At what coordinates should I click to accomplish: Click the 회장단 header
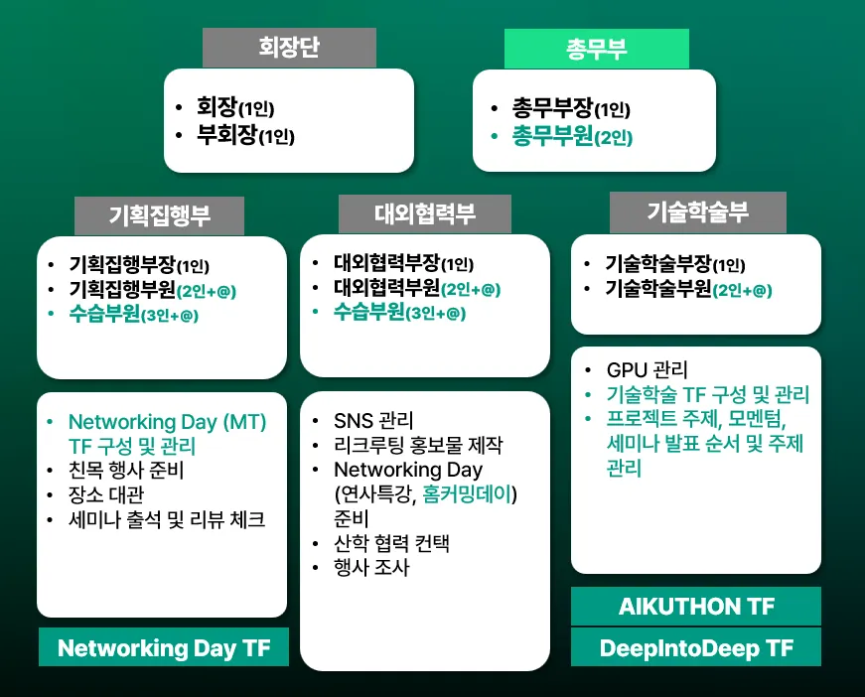pyautogui.click(x=289, y=48)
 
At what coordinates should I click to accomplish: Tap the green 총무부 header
pyautogui.click(x=596, y=49)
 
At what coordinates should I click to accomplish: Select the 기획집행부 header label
pyautogui.click(x=160, y=215)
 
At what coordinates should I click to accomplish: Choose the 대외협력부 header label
pyautogui.click(x=425, y=213)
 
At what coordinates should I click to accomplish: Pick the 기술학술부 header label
pyautogui.click(x=698, y=212)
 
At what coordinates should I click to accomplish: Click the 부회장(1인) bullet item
pyautogui.click(x=245, y=135)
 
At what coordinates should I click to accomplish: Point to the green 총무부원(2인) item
pyautogui.click(x=572, y=136)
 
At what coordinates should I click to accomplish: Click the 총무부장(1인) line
pyautogui.click(x=571, y=108)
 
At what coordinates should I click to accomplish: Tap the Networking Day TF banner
pyautogui.click(x=164, y=646)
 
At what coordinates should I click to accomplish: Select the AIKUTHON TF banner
pyautogui.click(x=696, y=606)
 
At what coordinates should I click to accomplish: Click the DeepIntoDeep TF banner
pyautogui.click(x=696, y=647)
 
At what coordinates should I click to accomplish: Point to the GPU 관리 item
pyautogui.click(x=648, y=370)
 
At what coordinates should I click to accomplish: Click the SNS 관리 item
pyautogui.click(x=373, y=421)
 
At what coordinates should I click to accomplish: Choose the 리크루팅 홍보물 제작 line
pyautogui.click(x=418, y=445)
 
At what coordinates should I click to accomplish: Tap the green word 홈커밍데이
pyautogui.click(x=467, y=494)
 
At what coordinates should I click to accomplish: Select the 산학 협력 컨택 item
pyautogui.click(x=391, y=543)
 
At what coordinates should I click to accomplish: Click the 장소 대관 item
pyautogui.click(x=106, y=494)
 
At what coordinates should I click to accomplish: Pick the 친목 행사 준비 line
pyautogui.click(x=126, y=470)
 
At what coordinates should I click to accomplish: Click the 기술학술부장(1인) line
pyautogui.click(x=675, y=264)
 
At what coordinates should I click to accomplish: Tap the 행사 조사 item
pyautogui.click(x=371, y=567)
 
